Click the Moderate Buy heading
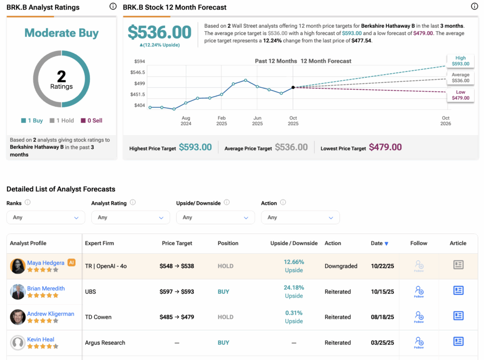click(x=61, y=33)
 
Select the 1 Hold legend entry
click(x=61, y=120)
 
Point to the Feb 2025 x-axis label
click(x=221, y=121)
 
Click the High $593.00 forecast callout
click(x=460, y=61)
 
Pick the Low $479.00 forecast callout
click(x=460, y=95)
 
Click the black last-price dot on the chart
click(x=293, y=87)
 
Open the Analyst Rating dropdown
click(x=130, y=217)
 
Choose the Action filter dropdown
click(x=300, y=217)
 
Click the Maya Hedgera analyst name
click(x=46, y=262)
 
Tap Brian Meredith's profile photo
click(x=17, y=291)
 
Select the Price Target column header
click(x=177, y=243)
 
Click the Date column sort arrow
click(x=387, y=244)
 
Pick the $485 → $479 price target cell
click(x=177, y=317)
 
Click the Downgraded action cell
click(x=341, y=266)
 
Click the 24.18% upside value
click(x=294, y=287)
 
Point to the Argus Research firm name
click(x=105, y=343)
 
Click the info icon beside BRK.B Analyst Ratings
click(x=112, y=7)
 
